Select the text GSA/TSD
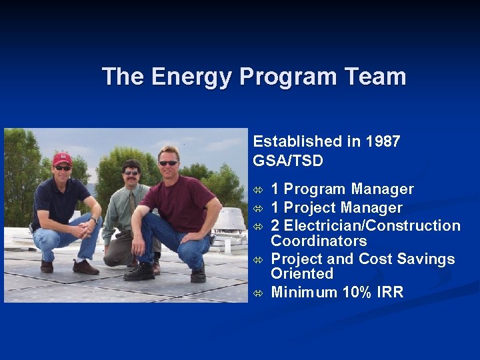(x=288, y=161)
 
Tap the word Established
(x=297, y=141)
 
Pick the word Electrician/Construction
(x=373, y=226)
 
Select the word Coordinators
(x=319, y=241)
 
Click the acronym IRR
(x=390, y=292)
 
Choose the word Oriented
(x=302, y=273)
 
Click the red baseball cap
(x=62, y=158)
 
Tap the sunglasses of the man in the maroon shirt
(x=168, y=163)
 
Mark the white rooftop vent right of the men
(x=229, y=223)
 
